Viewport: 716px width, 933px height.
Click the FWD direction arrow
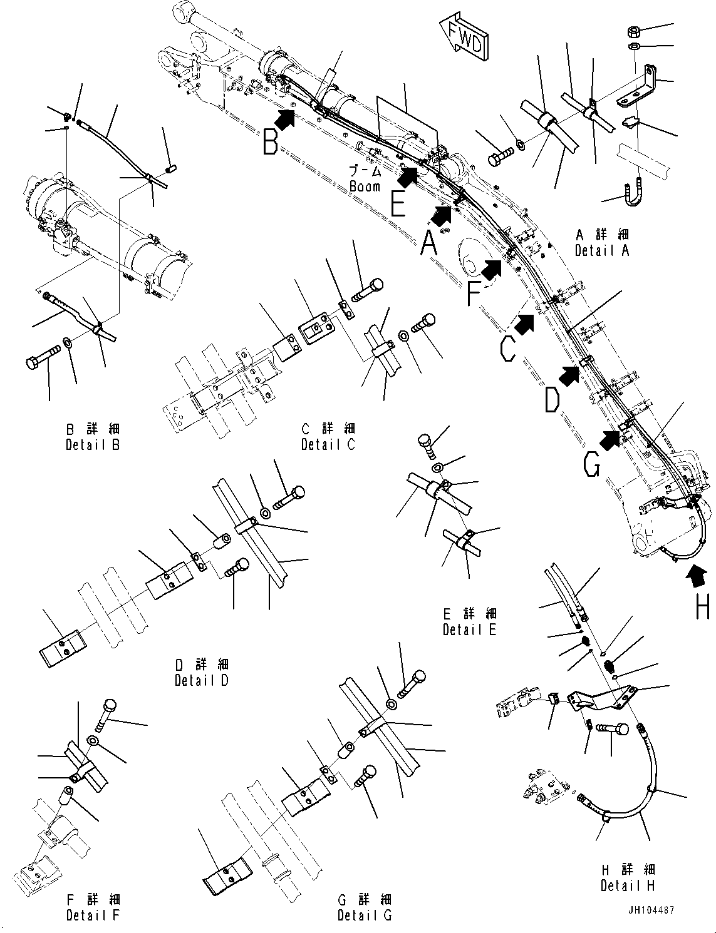tap(464, 41)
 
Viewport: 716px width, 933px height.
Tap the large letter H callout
tap(702, 604)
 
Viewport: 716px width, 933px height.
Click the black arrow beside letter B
tap(286, 118)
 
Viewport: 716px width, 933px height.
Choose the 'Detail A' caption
tap(602, 250)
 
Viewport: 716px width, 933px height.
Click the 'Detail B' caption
tap(93, 445)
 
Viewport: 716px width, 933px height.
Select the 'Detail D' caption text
tap(202, 680)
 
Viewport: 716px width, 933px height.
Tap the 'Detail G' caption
tap(365, 915)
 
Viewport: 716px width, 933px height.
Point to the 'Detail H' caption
tap(628, 885)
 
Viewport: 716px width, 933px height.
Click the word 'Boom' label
tap(365, 186)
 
